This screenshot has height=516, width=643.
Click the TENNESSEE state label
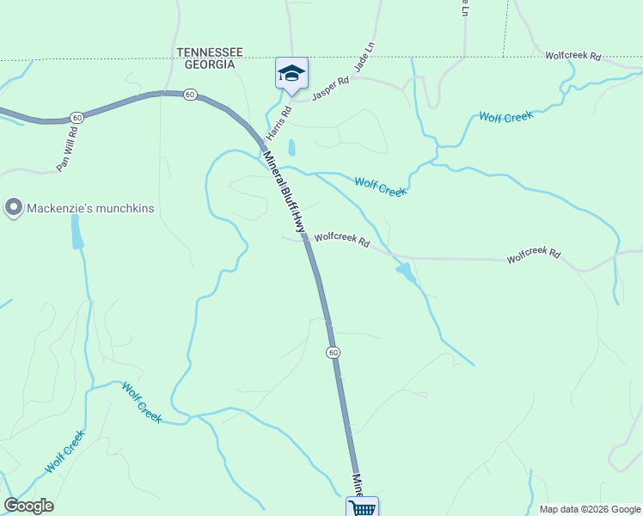coord(211,52)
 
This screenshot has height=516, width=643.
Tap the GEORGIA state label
coord(205,64)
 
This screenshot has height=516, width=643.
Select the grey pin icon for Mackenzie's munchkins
coord(13,207)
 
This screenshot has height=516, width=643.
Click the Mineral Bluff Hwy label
coord(285,192)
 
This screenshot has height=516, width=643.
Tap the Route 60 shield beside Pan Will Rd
coord(77,117)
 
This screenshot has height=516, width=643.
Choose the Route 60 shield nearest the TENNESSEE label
coord(190,94)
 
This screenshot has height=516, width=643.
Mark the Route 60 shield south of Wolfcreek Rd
coord(333,353)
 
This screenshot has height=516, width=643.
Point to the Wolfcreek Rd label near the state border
coord(573,56)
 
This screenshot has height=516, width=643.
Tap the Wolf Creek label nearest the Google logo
coord(65,451)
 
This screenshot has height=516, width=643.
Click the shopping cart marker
coord(363,507)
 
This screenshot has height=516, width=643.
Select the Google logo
coord(28,506)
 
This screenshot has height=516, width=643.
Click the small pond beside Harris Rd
coord(291,147)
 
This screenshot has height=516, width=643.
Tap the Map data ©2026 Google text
coord(590,509)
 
